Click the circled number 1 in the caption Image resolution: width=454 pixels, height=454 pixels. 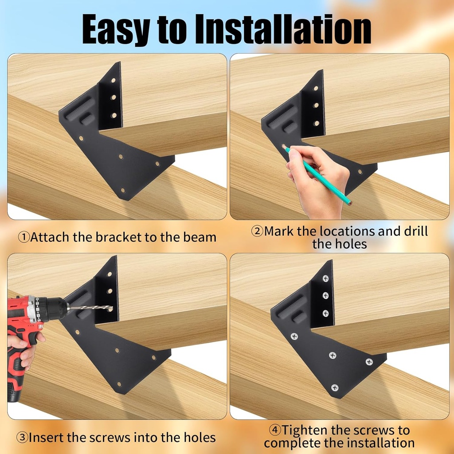pyautogui.click(x=24, y=237)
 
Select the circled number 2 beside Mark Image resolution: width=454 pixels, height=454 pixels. pyautogui.click(x=257, y=231)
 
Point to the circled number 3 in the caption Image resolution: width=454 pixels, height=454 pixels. pyautogui.click(x=22, y=437)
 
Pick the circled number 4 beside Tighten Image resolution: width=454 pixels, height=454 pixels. pyautogui.click(x=275, y=430)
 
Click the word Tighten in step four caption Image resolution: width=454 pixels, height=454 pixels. pyautogui.click(x=305, y=430)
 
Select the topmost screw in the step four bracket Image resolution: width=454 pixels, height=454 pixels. pyautogui.click(x=326, y=278)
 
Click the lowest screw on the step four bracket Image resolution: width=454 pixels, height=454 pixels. pyautogui.click(x=335, y=387)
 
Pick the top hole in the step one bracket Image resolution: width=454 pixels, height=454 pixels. pyautogui.click(x=113, y=80)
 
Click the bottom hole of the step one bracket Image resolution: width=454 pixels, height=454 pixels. pyautogui.click(x=123, y=190)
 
